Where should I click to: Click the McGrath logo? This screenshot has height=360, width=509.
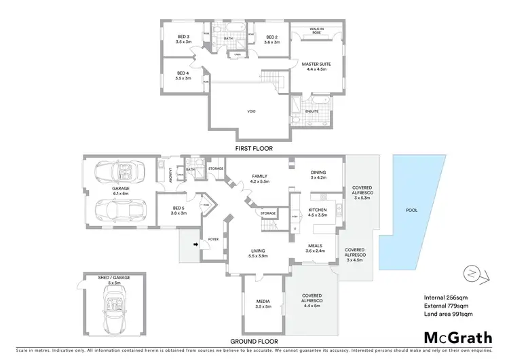click(459, 337)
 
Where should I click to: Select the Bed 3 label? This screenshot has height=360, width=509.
click(183, 39)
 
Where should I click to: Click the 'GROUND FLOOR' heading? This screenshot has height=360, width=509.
click(253, 342)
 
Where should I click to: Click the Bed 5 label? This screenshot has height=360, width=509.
click(178, 211)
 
